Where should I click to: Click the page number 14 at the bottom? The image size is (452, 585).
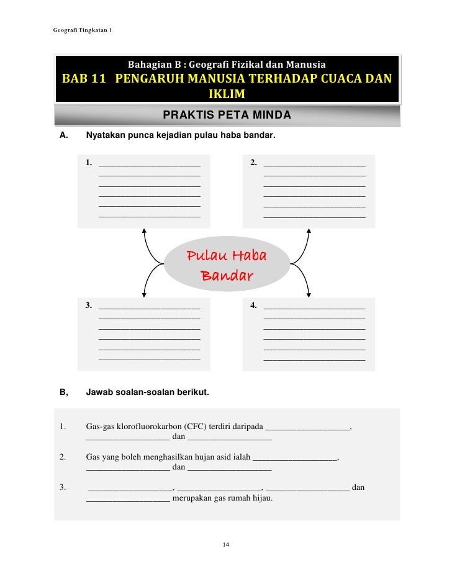[x=226, y=545]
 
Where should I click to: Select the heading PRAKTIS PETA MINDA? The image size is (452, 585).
[x=227, y=116]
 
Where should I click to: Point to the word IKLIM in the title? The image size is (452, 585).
[x=227, y=95]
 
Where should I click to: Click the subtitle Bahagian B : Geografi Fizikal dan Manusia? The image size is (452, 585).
[x=226, y=64]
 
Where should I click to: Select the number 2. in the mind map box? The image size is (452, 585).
[x=254, y=163]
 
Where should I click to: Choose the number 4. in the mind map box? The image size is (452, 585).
[x=254, y=305]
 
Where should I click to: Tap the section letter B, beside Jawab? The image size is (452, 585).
[x=63, y=392]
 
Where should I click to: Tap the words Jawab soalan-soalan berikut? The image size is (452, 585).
[x=147, y=392]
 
